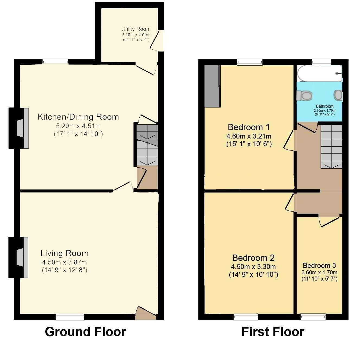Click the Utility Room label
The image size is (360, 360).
pyautogui.click(x=136, y=29)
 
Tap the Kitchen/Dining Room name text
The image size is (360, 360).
pyautogui.click(x=78, y=117)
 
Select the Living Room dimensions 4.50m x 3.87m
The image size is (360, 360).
pyautogui.click(x=64, y=262)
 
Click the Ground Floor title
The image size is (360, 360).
pyautogui.click(x=85, y=332)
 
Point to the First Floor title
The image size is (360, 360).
pyautogui.click(x=273, y=332)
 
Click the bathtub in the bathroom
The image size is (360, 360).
pyautogui.click(x=319, y=73)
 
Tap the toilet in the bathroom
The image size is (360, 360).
pyautogui.click(x=304, y=95)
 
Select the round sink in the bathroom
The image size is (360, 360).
pyautogui.click(x=338, y=95)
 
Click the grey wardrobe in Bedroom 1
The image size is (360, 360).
pyautogui.click(x=212, y=86)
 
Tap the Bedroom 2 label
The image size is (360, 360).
pyautogui.click(x=253, y=258)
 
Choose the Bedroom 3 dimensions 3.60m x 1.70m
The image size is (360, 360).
pyautogui.click(x=319, y=272)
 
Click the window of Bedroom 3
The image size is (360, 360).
pyautogui.click(x=313, y=316)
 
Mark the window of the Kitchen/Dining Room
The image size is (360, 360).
pyautogui.click(x=55, y=62)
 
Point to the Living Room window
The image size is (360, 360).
pyautogui.click(x=70, y=316)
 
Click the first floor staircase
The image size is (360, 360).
pyautogui.click(x=331, y=146)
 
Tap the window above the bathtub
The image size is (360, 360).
pyautogui.click(x=321, y=62)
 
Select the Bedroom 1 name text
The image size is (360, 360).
pyautogui.click(x=249, y=127)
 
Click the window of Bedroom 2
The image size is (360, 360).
pyautogui.click(x=246, y=316)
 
